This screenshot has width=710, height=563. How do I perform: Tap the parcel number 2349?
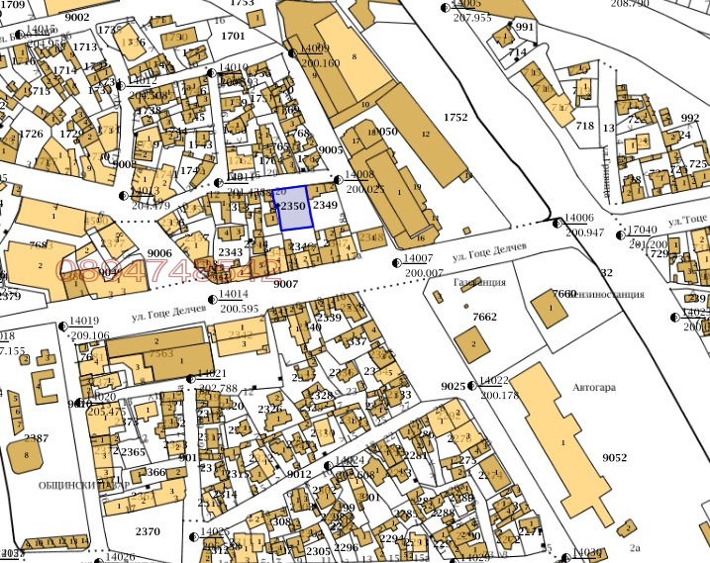tap(326, 205)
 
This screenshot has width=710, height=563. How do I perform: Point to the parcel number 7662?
tap(485, 317)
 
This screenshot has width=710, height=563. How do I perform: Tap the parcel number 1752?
tap(456, 117)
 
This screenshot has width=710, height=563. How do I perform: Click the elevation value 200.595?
tap(239, 308)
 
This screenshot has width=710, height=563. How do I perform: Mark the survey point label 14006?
tap(578, 219)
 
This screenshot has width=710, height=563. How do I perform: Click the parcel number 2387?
tap(37, 437)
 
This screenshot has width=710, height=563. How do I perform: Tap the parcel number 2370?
tap(148, 531)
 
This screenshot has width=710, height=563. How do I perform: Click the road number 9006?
tap(159, 253)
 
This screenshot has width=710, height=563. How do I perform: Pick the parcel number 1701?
tap(233, 36)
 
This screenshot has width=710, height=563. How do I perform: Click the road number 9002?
tap(75, 16)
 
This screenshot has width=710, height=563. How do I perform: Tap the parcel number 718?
tap(584, 126)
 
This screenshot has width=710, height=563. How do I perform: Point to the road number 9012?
tap(299, 474)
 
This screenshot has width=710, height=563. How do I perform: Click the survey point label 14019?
tap(84, 321)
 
